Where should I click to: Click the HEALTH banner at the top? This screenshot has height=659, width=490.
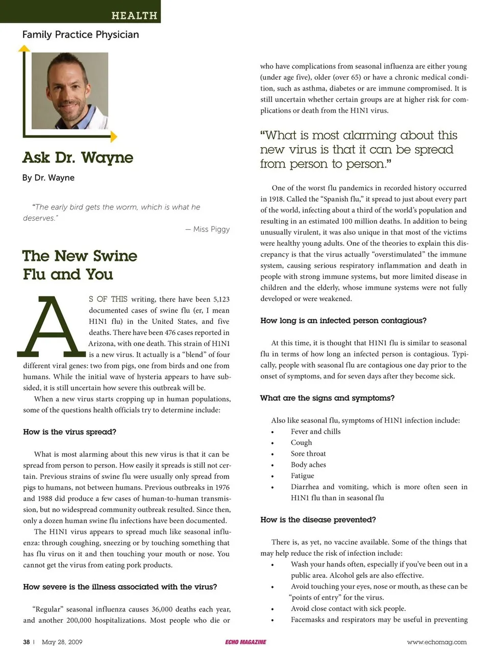click(x=134, y=15)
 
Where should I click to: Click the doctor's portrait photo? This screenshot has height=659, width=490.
click(x=70, y=90)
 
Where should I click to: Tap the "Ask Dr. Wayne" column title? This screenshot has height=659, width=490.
click(x=78, y=157)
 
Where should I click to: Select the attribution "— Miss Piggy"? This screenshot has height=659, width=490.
click(x=208, y=229)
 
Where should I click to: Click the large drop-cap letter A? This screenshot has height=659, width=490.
click(x=51, y=327)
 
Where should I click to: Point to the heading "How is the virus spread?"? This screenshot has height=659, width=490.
click(x=69, y=432)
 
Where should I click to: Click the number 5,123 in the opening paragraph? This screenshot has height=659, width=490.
click(x=221, y=299)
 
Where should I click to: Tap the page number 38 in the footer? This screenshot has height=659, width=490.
click(x=27, y=642)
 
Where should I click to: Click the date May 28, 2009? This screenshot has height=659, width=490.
click(x=62, y=642)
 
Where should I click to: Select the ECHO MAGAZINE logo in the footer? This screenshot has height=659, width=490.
click(x=246, y=642)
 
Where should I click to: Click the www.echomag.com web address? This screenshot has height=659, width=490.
click(x=436, y=642)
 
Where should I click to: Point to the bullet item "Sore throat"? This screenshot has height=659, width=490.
click(x=308, y=454)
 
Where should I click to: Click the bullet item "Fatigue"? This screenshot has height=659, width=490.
click(x=302, y=476)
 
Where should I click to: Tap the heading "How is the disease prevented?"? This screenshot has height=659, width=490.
click(x=318, y=520)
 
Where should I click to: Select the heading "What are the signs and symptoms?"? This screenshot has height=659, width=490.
click(x=327, y=398)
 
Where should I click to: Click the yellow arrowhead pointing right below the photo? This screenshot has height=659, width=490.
click(x=113, y=137)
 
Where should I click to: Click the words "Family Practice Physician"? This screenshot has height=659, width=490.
click(x=81, y=35)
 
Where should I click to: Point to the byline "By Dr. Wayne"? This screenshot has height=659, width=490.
click(x=48, y=178)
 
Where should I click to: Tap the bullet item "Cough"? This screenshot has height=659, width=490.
click(x=301, y=442)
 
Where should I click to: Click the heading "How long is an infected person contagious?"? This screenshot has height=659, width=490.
click(x=343, y=321)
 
